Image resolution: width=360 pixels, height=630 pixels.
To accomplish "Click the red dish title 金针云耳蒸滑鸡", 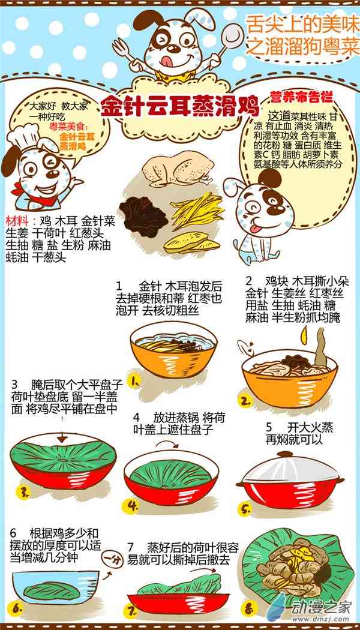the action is (180, 106).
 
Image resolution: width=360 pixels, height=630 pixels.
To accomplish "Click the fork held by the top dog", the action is (125, 52).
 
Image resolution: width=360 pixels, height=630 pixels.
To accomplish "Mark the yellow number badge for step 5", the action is (245, 509).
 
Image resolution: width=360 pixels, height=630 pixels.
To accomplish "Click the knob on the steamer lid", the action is (284, 454).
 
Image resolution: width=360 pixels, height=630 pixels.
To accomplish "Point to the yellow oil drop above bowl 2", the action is (304, 336).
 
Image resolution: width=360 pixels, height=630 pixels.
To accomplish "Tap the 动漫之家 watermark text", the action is (322, 605).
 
